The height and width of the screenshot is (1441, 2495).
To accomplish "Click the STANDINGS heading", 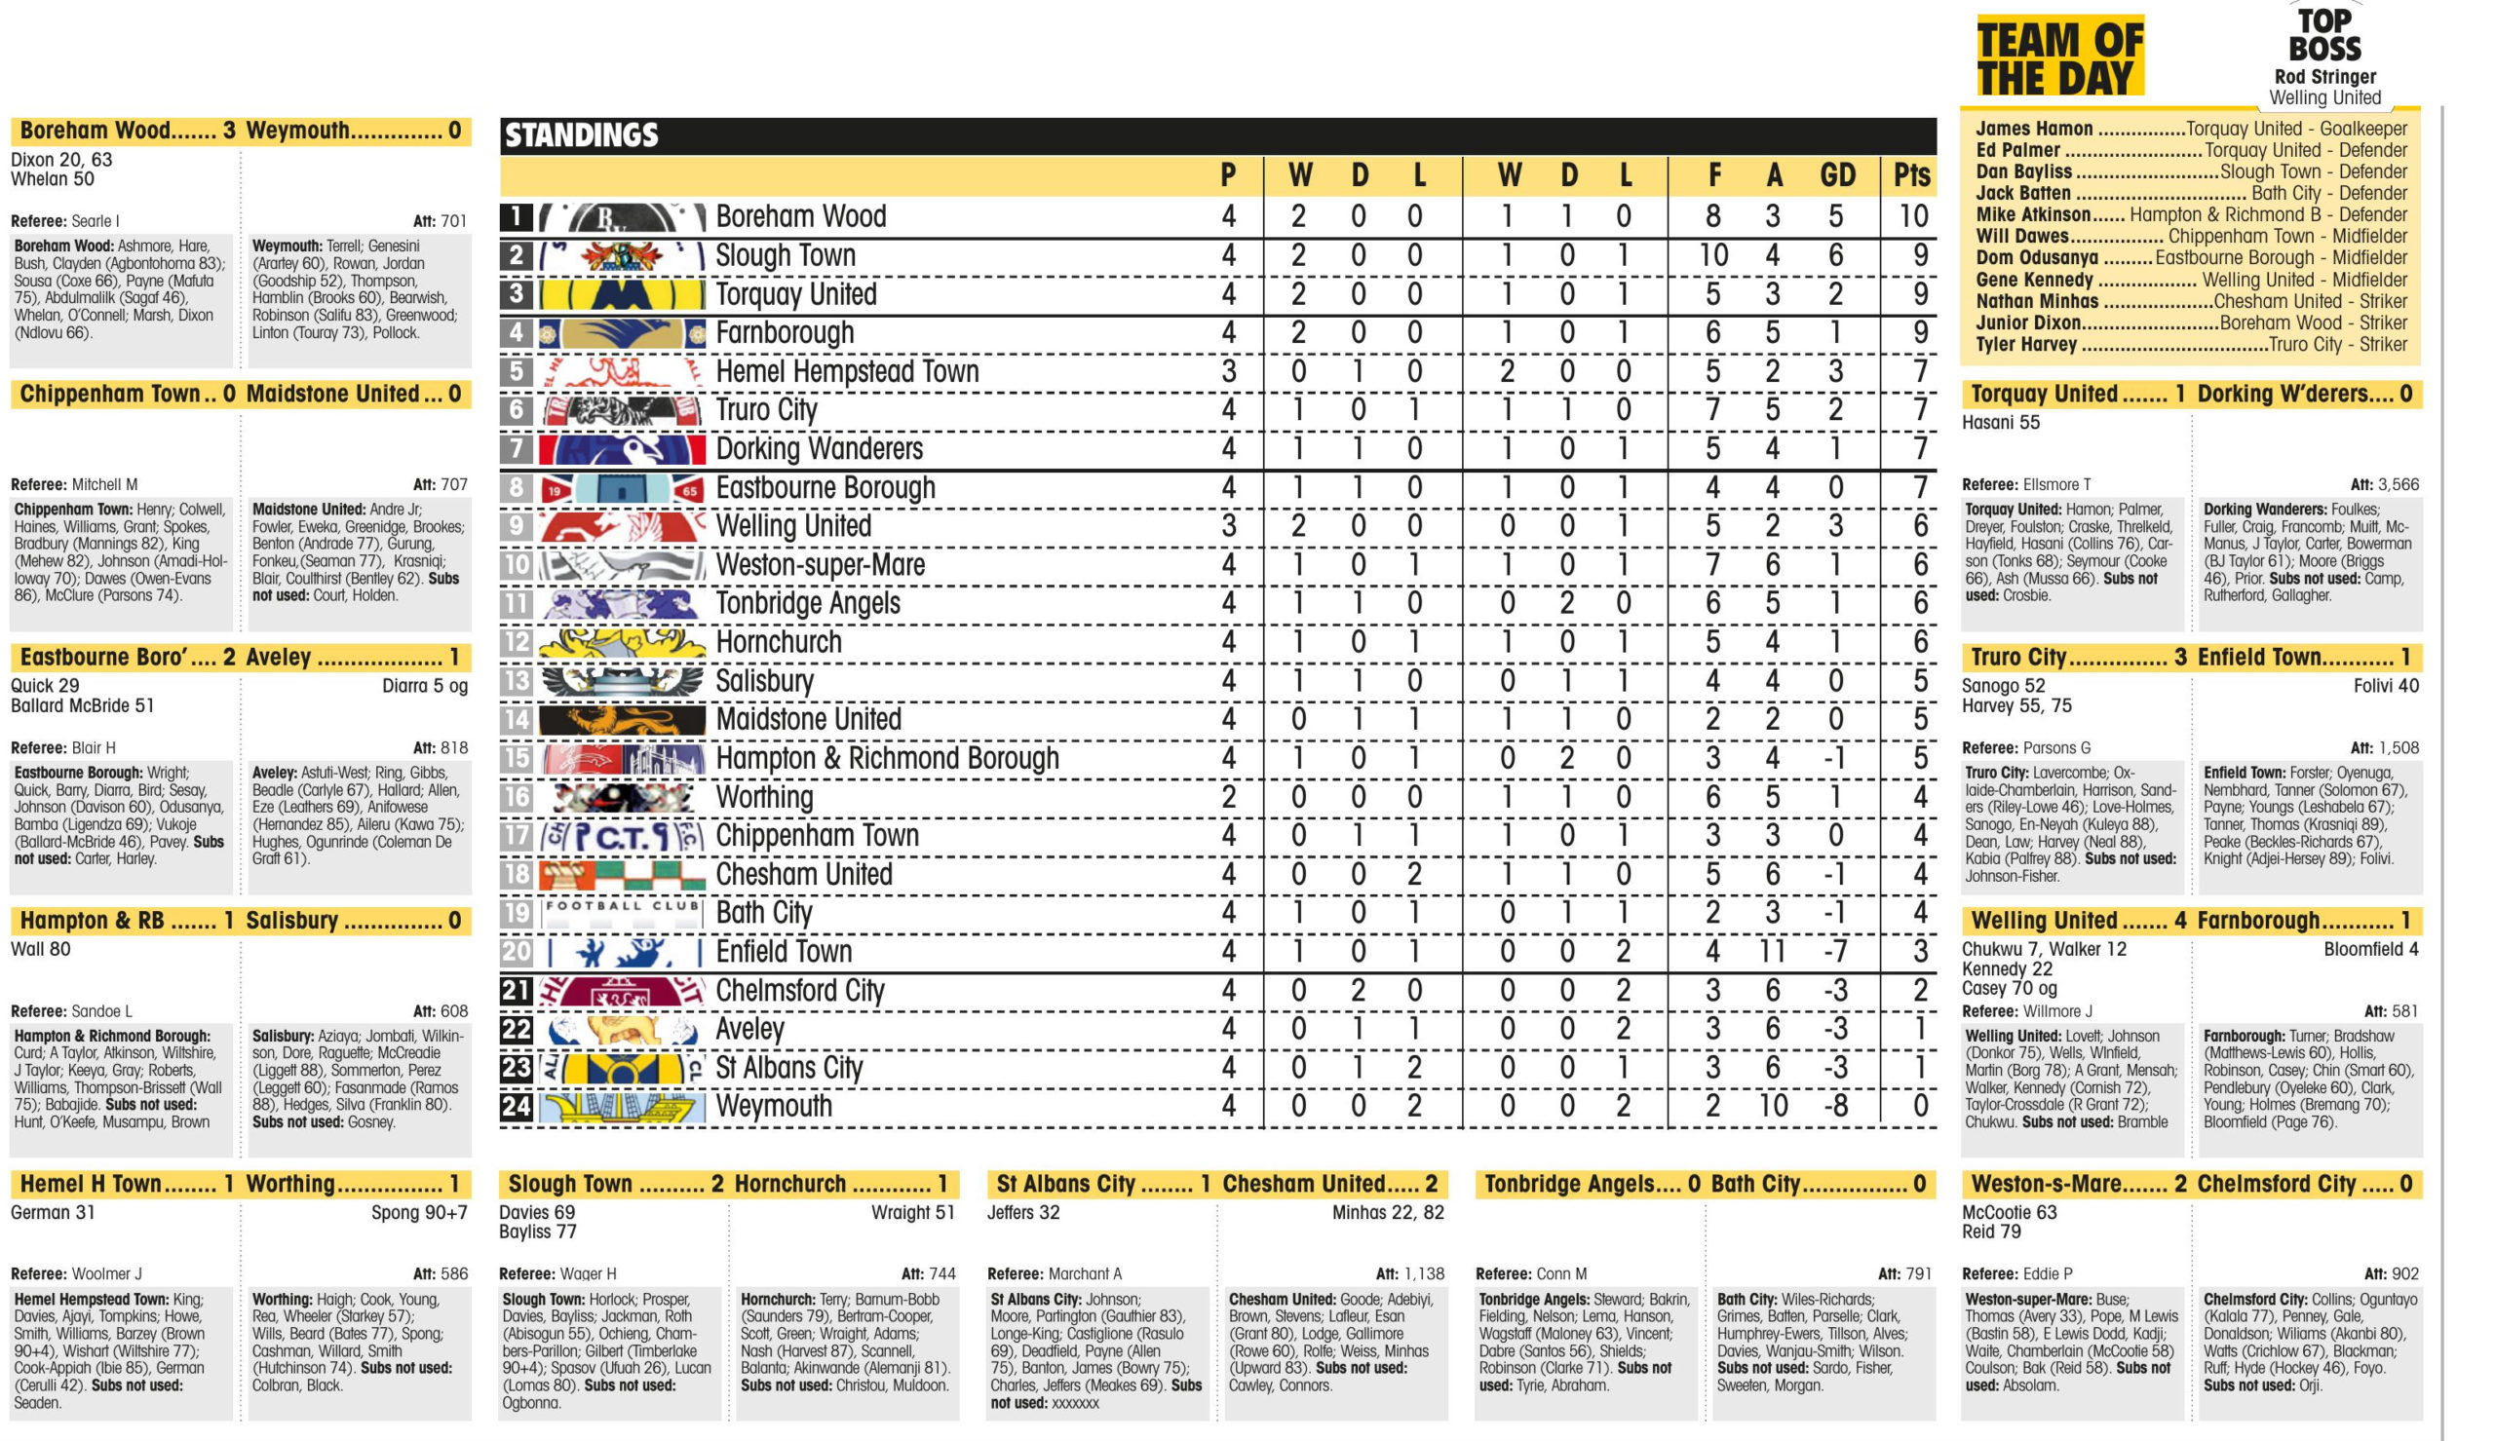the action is tap(582, 135).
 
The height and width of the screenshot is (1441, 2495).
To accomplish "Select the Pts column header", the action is tap(1911, 176).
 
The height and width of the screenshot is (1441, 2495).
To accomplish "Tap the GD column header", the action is tap(1837, 176).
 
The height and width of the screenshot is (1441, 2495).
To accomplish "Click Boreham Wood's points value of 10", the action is tap(1912, 216).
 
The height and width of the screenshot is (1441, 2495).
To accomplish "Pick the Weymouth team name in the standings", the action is tap(774, 1107).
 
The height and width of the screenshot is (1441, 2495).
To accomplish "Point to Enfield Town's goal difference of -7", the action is tap(1834, 952).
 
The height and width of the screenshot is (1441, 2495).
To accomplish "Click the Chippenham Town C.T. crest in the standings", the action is tap(622, 836).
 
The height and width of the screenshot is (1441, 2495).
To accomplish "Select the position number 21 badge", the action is tap(516, 991).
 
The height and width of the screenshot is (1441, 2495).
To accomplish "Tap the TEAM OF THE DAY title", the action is tap(2059, 57).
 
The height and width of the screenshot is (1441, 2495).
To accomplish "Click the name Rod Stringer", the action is tap(2323, 76).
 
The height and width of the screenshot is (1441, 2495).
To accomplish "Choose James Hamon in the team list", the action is tap(2034, 129).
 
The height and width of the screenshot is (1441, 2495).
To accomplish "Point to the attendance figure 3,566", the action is tap(2396, 485).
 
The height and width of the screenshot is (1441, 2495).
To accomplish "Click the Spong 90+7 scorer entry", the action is tap(419, 1212).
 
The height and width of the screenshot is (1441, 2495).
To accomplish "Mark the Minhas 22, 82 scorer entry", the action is tap(1388, 1212).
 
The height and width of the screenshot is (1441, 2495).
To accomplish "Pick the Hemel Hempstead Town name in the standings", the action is tap(847, 372).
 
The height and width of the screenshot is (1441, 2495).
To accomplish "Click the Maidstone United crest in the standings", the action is tap(622, 719).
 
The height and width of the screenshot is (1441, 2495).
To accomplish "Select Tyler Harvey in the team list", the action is tap(2026, 344).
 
